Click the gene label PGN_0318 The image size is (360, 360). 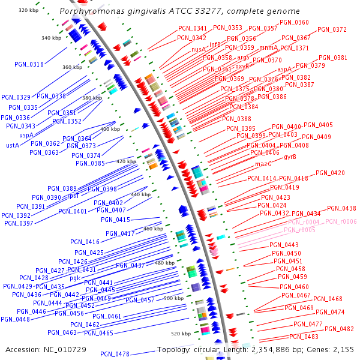tap(29, 65)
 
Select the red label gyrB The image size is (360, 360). tap(290, 157)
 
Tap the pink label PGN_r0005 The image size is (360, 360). tap(299, 230)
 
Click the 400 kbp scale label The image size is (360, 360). tap(110, 129)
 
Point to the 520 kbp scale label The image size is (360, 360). tap(181, 333)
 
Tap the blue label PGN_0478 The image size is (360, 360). tap(115, 354)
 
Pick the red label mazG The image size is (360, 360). tap(264, 164)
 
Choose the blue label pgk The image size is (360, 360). tap(74, 278)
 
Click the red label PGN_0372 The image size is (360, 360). tap(332, 29)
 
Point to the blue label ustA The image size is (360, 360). tap(13, 145)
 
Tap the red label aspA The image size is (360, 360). tap(285, 69)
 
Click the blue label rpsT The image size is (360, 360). tap(73, 196)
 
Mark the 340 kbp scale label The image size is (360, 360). tap(51, 38)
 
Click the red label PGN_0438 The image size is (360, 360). tap(341, 209)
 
